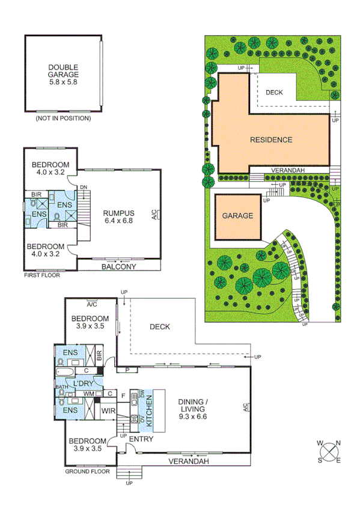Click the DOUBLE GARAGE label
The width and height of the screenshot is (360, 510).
pyautogui.click(x=63, y=72)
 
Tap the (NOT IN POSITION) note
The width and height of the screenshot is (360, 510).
pyautogui.click(x=63, y=118)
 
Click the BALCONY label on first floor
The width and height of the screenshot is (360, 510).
pyautogui.click(x=118, y=266)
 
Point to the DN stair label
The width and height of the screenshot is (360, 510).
pyautogui.click(x=84, y=187)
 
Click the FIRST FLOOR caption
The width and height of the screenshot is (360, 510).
pyautogui.click(x=41, y=275)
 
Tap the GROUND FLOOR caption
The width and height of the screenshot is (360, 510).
pyautogui.click(x=87, y=472)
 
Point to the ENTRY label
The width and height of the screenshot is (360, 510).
pyautogui.click(x=141, y=439)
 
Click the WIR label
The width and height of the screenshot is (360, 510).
pyautogui.click(x=108, y=411)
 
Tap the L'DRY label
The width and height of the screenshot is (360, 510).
pyautogui.click(x=84, y=384)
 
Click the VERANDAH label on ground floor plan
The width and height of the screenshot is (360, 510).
pyautogui.click(x=188, y=461)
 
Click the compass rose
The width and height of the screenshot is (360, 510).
pyautogui.click(x=329, y=452)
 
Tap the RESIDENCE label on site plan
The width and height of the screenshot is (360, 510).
pyautogui.click(x=271, y=140)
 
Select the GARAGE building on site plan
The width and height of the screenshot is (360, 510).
pyautogui.click(x=239, y=216)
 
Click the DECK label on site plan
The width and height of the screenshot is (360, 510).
pyautogui.click(x=274, y=92)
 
